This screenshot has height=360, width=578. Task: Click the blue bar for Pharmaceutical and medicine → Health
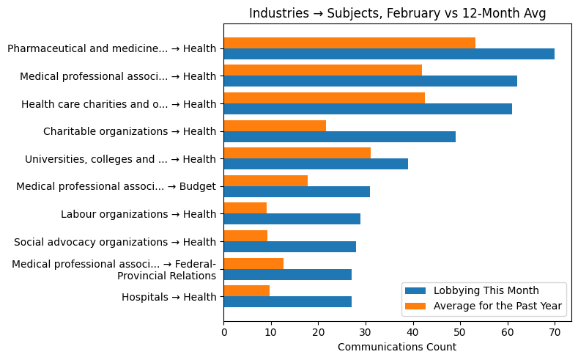tap(388, 54)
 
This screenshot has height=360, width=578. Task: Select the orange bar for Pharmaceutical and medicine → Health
tap(349, 43)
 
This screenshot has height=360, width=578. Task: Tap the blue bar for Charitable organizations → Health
tap(339, 136)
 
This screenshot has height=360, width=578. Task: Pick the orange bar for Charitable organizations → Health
tap(275, 125)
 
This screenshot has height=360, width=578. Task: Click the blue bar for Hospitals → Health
tap(287, 301)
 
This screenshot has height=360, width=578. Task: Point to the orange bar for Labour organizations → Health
tap(245, 208)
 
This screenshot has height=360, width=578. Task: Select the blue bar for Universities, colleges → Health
tap(316, 164)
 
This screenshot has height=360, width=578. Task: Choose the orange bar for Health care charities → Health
tap(324, 98)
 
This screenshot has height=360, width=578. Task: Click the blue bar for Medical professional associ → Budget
tap(297, 191)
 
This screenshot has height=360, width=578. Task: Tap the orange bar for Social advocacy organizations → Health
tap(245, 236)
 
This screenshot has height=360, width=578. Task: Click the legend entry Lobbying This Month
tap(486, 290)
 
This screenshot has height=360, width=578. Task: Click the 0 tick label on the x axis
tap(223, 332)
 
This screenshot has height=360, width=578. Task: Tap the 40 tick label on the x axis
tap(412, 332)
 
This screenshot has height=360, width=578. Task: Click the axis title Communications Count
tap(396, 347)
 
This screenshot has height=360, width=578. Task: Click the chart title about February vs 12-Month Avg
tap(397, 13)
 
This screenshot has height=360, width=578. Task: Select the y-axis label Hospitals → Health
tap(168, 297)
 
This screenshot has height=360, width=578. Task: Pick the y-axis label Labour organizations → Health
tap(138, 214)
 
